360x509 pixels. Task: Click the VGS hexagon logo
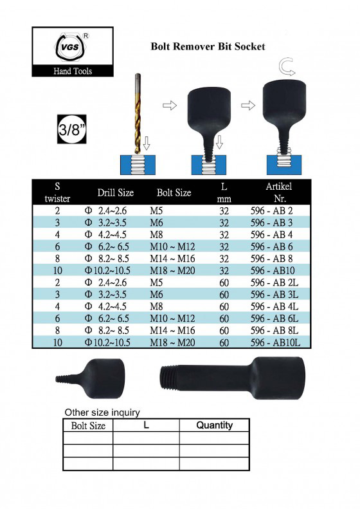tap(72, 47)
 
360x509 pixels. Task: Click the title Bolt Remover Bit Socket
tap(208, 46)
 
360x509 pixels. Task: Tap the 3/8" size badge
tap(71, 129)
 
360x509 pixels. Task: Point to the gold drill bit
tap(138, 113)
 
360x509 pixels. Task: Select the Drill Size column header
tap(116, 192)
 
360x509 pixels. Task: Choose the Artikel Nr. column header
tap(279, 192)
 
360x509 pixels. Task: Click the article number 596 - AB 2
tap(271, 210)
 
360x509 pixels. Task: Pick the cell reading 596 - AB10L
tap(275, 342)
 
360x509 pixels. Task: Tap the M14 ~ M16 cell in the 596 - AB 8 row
tap(172, 259)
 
